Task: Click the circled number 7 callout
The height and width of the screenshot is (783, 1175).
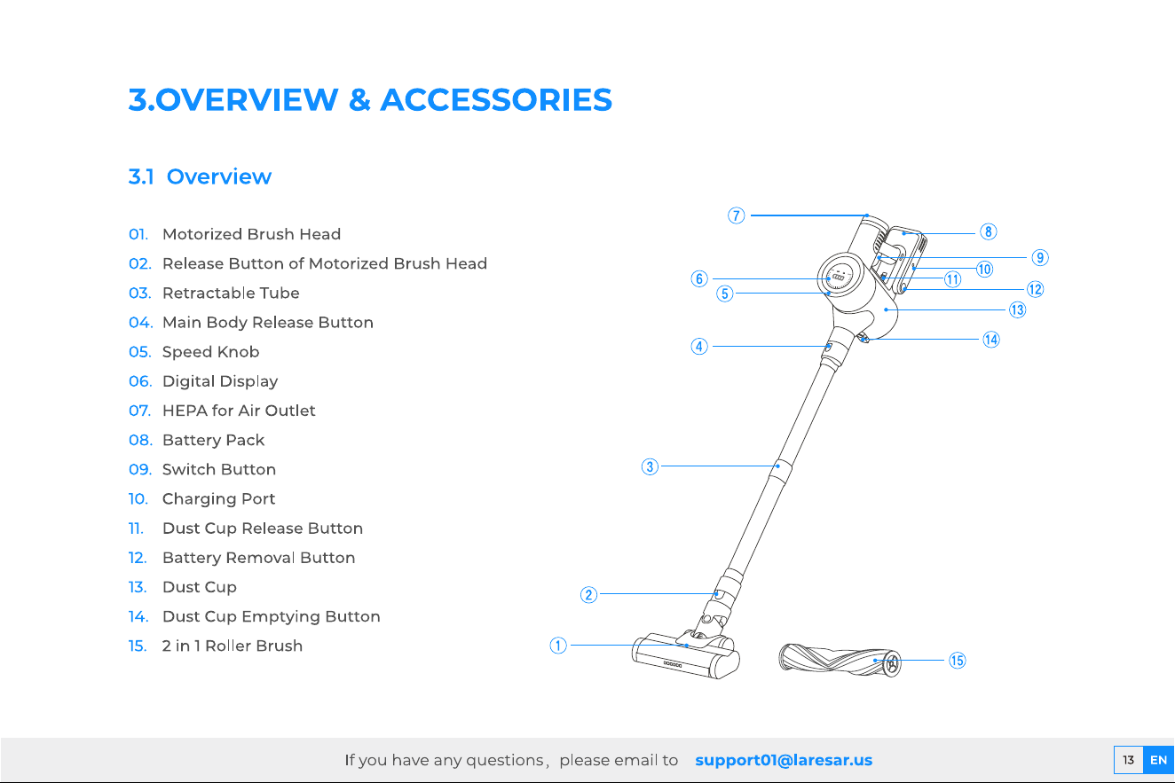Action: [x=736, y=215]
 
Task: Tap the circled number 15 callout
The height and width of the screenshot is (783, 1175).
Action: [x=958, y=661]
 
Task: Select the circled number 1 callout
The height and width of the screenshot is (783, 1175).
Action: [x=558, y=646]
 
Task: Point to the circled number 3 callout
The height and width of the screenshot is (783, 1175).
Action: [x=650, y=466]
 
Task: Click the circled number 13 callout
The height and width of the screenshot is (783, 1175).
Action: [x=1018, y=309]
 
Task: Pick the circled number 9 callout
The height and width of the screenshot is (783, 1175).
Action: [x=1040, y=257]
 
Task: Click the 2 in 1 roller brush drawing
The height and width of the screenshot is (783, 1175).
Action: [x=840, y=661]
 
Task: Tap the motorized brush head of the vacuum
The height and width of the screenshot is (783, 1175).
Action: [x=686, y=655]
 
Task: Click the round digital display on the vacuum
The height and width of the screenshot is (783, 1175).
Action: [x=840, y=276]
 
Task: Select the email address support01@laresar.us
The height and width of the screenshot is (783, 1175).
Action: [x=784, y=760]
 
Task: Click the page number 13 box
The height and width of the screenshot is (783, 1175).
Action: [x=1128, y=760]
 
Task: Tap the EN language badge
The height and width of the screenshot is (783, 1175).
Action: [x=1158, y=760]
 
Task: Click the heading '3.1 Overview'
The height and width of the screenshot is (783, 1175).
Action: [x=200, y=176]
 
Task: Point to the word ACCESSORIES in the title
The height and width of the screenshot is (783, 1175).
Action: [x=496, y=99]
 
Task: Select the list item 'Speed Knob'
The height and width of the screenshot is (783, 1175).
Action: [x=210, y=352]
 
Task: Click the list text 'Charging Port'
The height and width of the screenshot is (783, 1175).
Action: [x=218, y=499]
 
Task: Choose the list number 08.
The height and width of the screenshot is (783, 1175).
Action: [x=140, y=440]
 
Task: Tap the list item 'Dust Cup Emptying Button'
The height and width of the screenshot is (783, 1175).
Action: [x=272, y=617]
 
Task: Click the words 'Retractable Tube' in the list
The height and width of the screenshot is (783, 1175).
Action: [x=231, y=293]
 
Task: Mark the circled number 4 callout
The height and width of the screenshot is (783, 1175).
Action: [x=699, y=346]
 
